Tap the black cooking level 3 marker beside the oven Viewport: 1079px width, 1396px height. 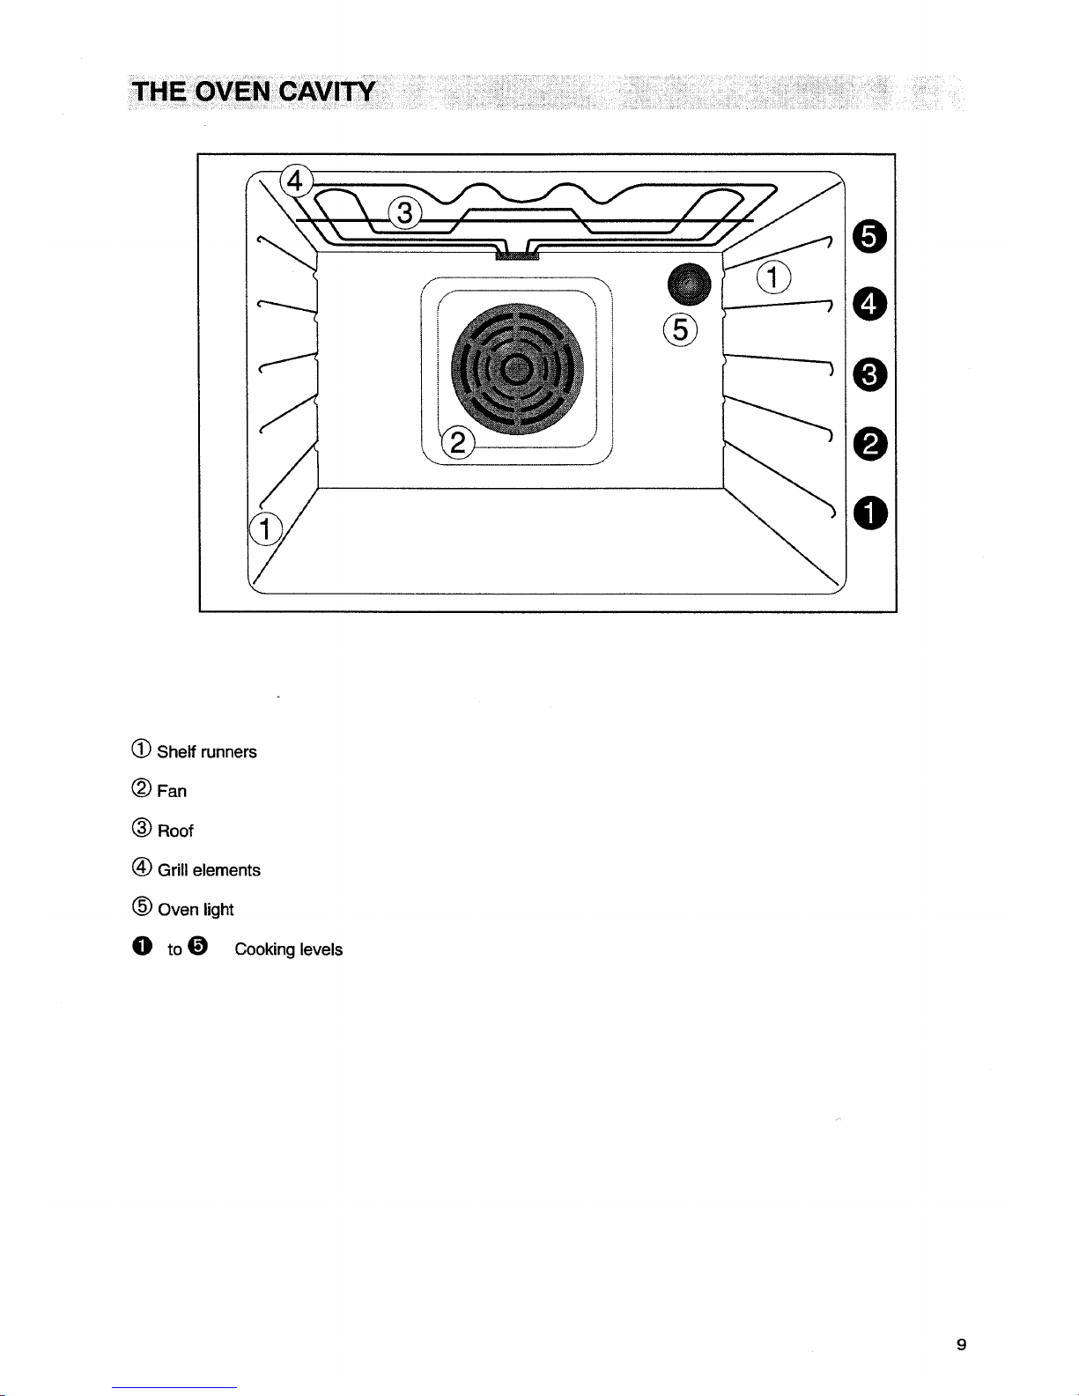868,376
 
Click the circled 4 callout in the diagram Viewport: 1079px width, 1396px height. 296,181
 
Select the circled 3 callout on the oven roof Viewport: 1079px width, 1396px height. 404,213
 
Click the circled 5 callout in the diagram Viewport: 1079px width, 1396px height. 680,329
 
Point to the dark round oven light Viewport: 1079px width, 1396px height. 689,284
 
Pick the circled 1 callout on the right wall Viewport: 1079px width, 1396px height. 772,279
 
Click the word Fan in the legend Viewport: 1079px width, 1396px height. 172,792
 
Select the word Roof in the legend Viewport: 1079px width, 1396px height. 175,831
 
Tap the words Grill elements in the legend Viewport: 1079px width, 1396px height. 209,870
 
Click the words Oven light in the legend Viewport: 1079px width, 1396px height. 196,910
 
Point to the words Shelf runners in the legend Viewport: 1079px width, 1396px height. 207,752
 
